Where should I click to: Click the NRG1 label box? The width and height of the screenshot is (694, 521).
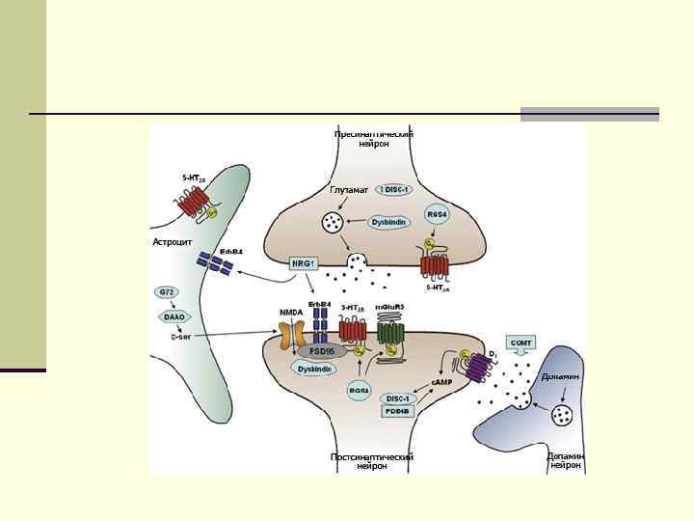[x=304, y=262]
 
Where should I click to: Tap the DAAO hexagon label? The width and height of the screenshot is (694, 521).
[x=174, y=315]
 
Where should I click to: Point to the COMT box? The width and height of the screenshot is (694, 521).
[x=521, y=343]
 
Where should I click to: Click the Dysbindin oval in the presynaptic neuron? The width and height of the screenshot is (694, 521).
[x=389, y=222]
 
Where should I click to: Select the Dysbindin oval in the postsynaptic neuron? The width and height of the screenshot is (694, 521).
[x=315, y=370]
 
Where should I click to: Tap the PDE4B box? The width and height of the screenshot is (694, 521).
[x=397, y=411]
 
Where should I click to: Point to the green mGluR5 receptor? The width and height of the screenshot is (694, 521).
[x=390, y=334]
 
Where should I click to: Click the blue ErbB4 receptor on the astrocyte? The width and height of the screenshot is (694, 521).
[x=214, y=261]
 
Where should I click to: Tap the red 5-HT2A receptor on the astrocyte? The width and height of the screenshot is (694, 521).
[x=196, y=202]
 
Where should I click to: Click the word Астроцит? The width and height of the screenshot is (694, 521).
[x=173, y=241]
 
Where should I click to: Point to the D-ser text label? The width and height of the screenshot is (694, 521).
[x=180, y=337]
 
